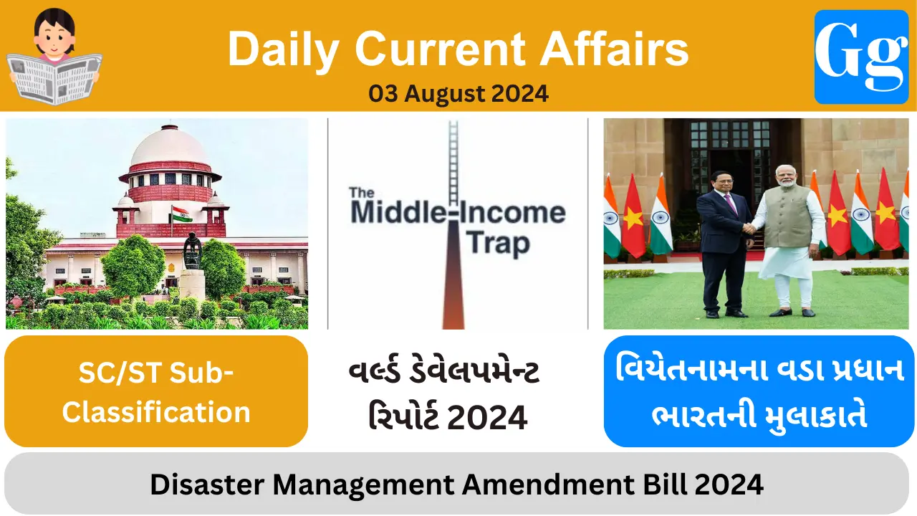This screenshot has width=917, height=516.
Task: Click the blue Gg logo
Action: pyautogui.click(x=861, y=57)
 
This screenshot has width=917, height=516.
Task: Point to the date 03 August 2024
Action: pyautogui.click(x=458, y=93)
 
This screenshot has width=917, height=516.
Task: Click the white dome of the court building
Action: pyautogui.click(x=169, y=147)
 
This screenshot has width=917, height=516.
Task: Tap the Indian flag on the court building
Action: pyautogui.click(x=181, y=214)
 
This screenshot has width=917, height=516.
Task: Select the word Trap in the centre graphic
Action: pyautogui.click(x=499, y=243)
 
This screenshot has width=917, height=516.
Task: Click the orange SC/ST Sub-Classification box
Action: pyautogui.click(x=156, y=391)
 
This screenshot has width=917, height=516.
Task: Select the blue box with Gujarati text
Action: pyautogui.click(x=759, y=391)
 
